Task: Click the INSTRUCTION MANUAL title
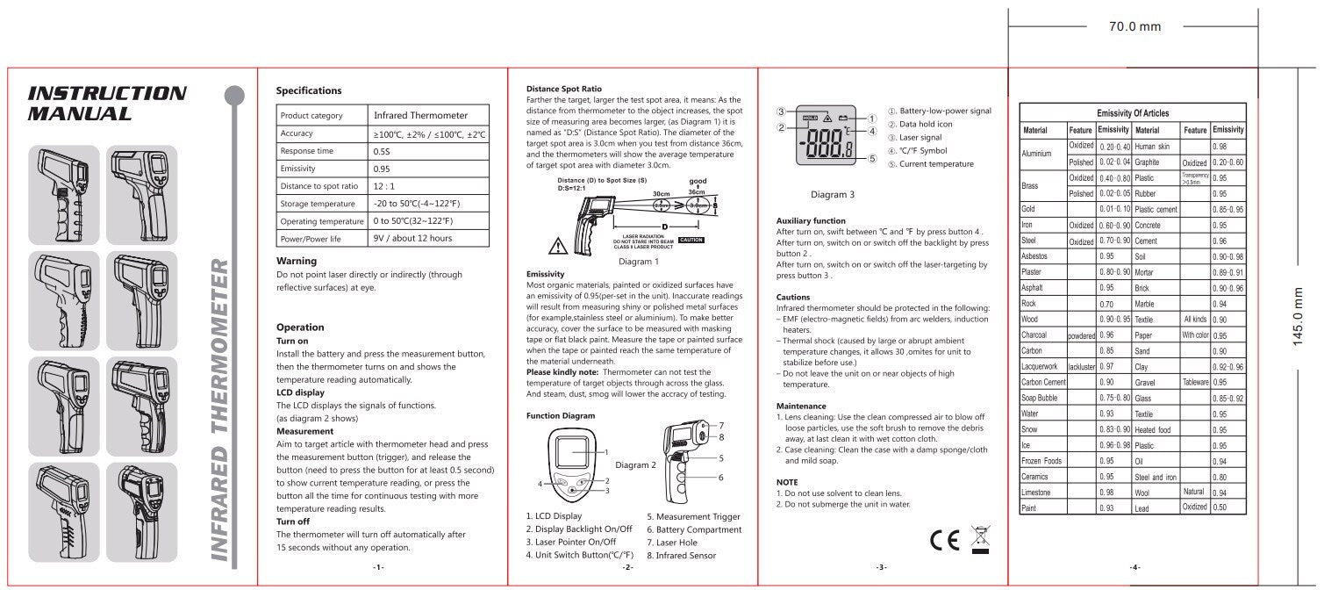click(x=107, y=103)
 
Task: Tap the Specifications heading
click(x=309, y=90)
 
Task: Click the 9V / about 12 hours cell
click(x=413, y=238)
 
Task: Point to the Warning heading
click(x=297, y=261)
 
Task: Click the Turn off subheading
click(x=296, y=521)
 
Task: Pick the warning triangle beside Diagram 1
click(x=555, y=245)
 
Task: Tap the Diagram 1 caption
click(x=638, y=261)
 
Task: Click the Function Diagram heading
click(x=561, y=414)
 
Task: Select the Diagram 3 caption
click(x=832, y=194)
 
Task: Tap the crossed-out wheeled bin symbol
click(x=980, y=538)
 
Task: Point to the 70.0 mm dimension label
click(x=1135, y=26)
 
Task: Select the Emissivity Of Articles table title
click(x=1133, y=113)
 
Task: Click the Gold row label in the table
click(x=1028, y=209)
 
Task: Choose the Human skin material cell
click(x=1152, y=146)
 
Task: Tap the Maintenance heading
click(x=801, y=406)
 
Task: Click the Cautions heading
click(x=793, y=297)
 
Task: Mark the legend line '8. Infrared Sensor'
click(x=681, y=555)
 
